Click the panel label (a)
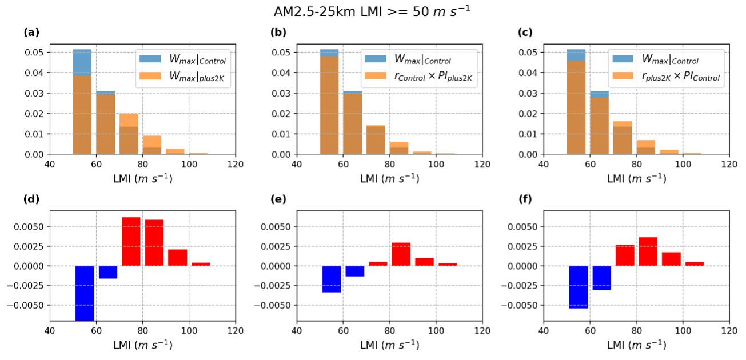(x=31, y=33)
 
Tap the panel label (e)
(x=278, y=199)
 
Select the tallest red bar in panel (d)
(x=131, y=241)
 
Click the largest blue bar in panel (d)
(x=85, y=293)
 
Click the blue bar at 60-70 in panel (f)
(x=601, y=278)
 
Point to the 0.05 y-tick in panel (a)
(x=35, y=53)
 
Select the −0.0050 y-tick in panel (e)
(x=273, y=305)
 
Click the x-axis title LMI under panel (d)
(x=142, y=345)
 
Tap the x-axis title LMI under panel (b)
(x=389, y=178)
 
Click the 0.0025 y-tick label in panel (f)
(x=520, y=246)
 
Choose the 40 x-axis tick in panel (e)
(x=297, y=331)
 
